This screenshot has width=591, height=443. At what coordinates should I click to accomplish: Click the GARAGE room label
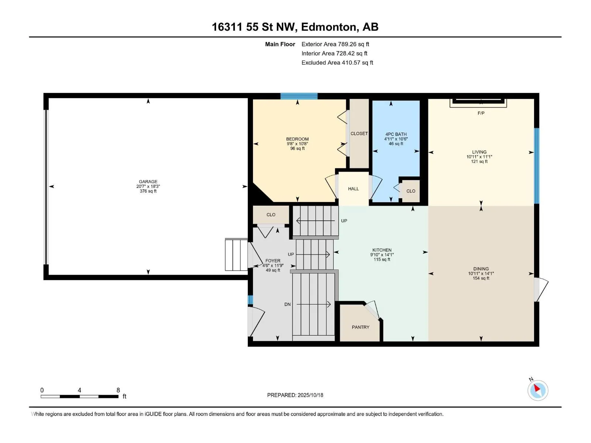pyautogui.click(x=148, y=182)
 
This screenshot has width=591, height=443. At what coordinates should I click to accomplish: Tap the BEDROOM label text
pyautogui.click(x=297, y=139)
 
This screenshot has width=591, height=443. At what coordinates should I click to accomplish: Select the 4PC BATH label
pyautogui.click(x=396, y=134)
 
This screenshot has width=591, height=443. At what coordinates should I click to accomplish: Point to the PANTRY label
pyautogui.click(x=361, y=327)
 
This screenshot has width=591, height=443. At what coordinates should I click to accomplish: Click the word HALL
pyautogui.click(x=353, y=189)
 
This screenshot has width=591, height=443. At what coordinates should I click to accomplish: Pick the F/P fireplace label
pyautogui.click(x=481, y=113)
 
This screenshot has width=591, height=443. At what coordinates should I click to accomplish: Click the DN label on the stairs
pyautogui.click(x=287, y=305)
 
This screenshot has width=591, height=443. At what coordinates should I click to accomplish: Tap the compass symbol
pyautogui.click(x=538, y=390)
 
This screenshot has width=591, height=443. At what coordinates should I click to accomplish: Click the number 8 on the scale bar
pyautogui.click(x=118, y=390)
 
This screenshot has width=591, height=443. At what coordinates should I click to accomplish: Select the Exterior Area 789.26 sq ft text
pyautogui.click(x=335, y=44)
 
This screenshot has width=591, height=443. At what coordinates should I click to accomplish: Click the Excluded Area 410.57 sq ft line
pyautogui.click(x=337, y=63)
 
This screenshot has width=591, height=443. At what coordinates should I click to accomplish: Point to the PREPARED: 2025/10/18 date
pyautogui.click(x=295, y=395)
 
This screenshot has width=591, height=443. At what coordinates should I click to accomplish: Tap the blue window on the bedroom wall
pyautogui.click(x=299, y=96)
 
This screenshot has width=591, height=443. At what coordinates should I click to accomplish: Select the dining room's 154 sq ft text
pyautogui.click(x=481, y=278)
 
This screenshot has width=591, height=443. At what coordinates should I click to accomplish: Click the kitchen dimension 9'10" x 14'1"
pyautogui.click(x=382, y=255)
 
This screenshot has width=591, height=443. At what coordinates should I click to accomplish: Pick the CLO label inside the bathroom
pyautogui.click(x=411, y=191)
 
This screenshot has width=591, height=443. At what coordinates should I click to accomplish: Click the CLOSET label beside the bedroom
pyautogui.click(x=359, y=133)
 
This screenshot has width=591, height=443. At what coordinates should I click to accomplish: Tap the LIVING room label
pyautogui.click(x=479, y=152)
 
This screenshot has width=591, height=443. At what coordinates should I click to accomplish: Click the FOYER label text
pyautogui.click(x=273, y=261)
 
